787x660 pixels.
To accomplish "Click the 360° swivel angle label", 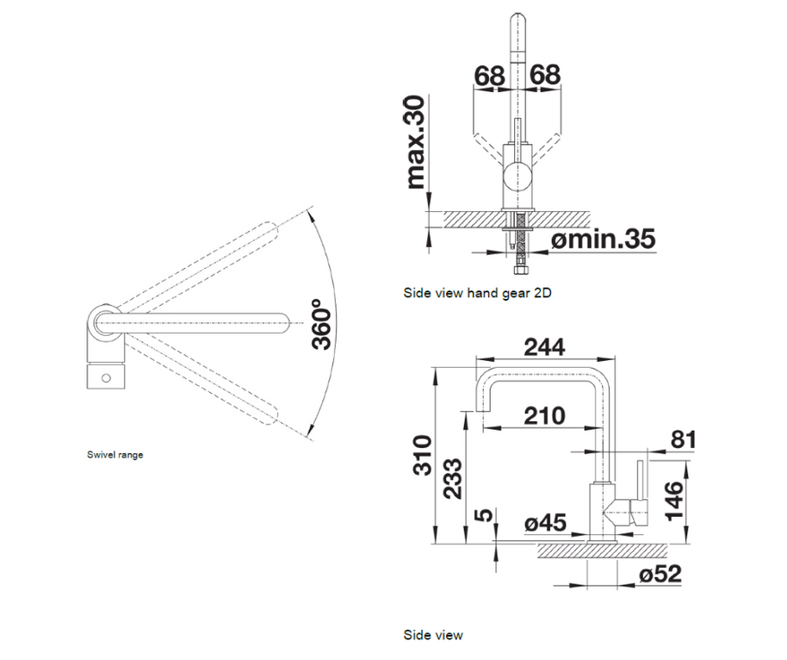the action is coord(321,324).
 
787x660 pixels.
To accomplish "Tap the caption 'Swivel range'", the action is coord(115,455).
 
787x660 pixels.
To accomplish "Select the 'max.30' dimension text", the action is coord(416,142).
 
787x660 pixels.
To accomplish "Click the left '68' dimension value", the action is coord(489,76).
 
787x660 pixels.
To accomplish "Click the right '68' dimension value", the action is coord(544,74).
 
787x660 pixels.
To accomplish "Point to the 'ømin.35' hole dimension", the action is coord(604,239).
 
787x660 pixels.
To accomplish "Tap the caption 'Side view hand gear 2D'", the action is coord(477,293).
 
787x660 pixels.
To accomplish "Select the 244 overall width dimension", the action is coord(544,347).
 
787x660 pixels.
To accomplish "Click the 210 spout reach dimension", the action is coord(544,415).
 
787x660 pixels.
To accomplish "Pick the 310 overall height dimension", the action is coord(422,456).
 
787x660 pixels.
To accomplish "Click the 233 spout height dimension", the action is coord(453,479).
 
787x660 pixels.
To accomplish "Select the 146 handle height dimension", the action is coord(675,501).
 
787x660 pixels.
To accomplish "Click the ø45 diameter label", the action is coord(546,523).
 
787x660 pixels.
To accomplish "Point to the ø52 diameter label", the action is coord(661,574).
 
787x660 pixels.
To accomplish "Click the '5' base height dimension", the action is coord(482,515).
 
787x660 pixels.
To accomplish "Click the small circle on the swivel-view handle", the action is coord(106,377).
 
